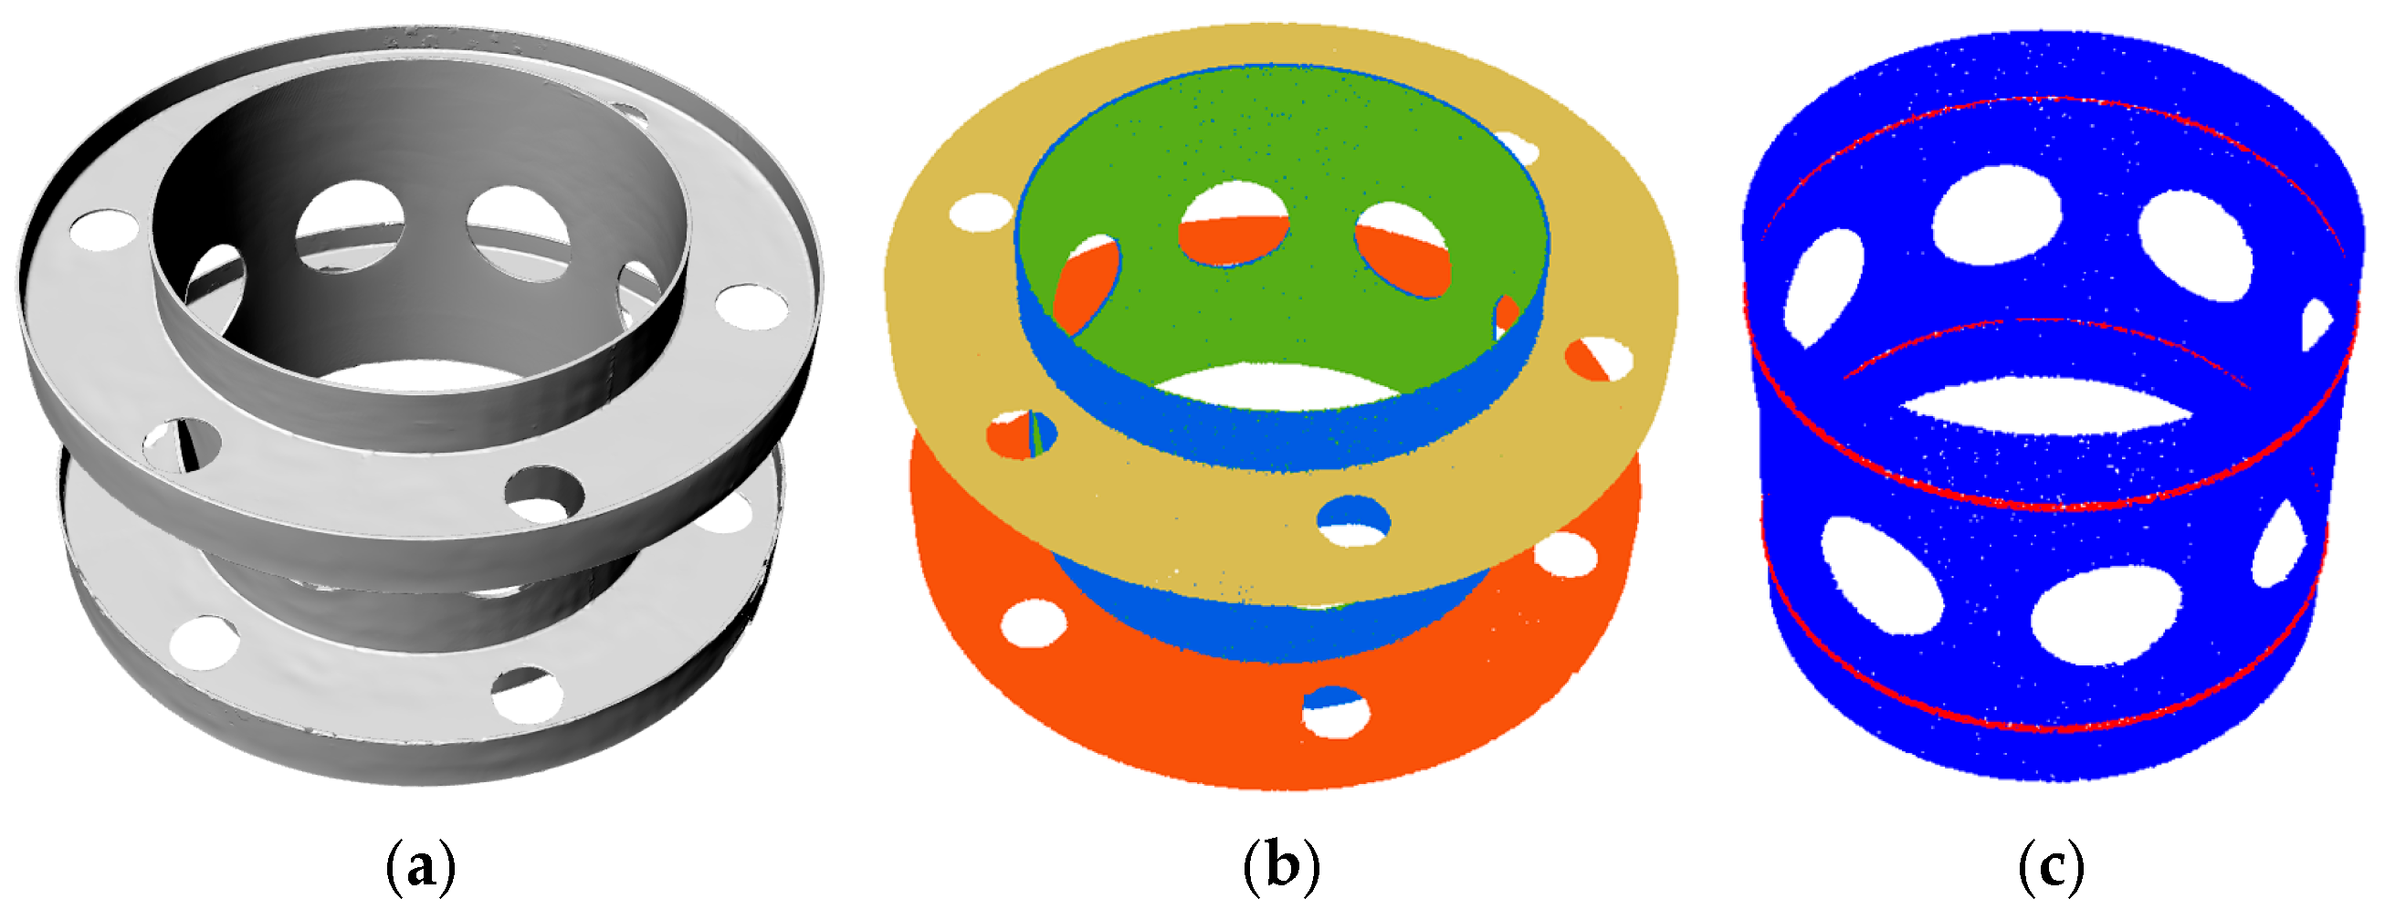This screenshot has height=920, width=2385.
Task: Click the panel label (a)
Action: pos(420,866)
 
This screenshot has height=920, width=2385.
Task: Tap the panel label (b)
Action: pos(1281,866)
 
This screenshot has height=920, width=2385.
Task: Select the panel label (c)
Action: pos(2052,866)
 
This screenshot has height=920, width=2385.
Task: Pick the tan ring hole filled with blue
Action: pos(1353,520)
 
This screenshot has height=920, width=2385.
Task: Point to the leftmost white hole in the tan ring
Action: pos(982,213)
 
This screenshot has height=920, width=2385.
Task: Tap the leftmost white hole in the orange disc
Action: pos(1034,622)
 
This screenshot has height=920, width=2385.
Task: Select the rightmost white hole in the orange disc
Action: pos(1567,553)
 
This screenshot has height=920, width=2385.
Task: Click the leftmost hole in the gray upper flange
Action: pos(105,229)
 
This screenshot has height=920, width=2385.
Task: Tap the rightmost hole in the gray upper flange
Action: pos(751,308)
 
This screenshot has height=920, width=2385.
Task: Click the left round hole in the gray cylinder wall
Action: pos(351,226)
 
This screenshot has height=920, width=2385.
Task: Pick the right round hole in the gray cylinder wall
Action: pos(519,232)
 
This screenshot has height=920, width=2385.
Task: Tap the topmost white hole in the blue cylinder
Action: pos(1998,214)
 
